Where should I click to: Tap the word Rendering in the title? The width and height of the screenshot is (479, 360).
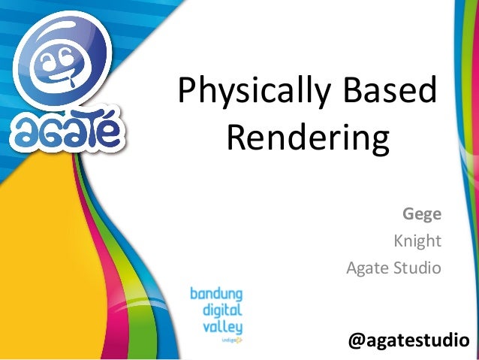(307, 140)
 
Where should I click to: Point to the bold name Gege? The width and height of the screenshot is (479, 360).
(421, 213)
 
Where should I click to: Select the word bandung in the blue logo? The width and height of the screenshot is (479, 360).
(215, 293)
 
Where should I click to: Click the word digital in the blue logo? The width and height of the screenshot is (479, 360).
(222, 310)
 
